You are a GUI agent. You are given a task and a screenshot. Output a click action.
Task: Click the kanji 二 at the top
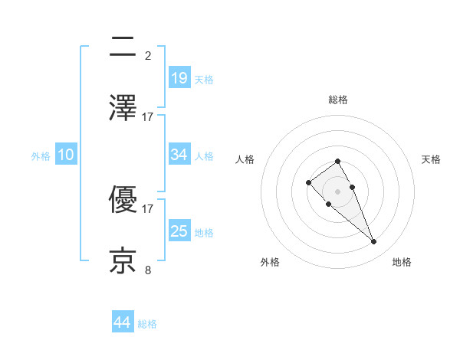(x=123, y=47)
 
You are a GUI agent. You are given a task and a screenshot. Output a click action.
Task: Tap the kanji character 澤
(x=123, y=107)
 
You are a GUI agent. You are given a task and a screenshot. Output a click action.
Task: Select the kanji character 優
(x=123, y=201)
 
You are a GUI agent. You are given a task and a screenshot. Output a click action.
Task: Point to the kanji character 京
(x=123, y=261)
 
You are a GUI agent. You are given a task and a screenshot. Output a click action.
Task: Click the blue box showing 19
(x=179, y=77)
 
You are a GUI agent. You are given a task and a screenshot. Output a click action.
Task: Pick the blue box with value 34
(x=179, y=155)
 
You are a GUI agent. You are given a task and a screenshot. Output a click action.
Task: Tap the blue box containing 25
(x=179, y=231)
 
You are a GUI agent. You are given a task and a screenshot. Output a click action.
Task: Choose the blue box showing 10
(x=66, y=155)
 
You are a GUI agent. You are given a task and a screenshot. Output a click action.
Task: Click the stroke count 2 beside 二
(x=148, y=55)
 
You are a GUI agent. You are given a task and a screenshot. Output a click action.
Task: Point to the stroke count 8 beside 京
(x=148, y=270)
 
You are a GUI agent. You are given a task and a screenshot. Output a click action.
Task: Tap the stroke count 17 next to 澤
(x=148, y=116)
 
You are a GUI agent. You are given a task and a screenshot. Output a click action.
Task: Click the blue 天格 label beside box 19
(x=204, y=79)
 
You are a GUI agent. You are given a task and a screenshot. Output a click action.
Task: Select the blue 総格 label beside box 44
(x=147, y=324)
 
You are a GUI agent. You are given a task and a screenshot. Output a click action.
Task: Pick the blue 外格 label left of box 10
(x=41, y=156)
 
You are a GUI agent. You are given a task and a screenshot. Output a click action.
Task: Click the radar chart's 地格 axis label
(x=402, y=262)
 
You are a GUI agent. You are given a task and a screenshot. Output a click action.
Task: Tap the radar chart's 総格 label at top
(x=338, y=100)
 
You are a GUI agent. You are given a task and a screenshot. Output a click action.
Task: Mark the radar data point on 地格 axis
(x=373, y=242)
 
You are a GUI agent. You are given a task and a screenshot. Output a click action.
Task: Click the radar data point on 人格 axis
(x=308, y=182)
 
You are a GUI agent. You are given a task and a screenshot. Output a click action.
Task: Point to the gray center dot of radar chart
(x=338, y=191)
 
